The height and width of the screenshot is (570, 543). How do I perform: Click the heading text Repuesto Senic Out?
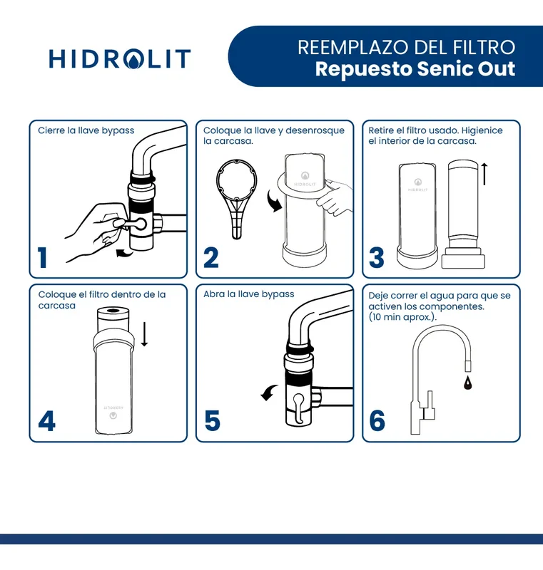point(415,70)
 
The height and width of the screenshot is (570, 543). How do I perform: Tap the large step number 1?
point(44,257)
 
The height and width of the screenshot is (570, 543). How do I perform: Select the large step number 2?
point(211,257)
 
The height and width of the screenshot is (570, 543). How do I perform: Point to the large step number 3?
point(377,257)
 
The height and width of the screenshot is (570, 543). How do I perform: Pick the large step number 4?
point(46,421)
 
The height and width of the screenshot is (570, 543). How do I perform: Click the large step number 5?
point(212,421)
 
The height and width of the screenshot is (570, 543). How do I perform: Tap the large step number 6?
point(377,421)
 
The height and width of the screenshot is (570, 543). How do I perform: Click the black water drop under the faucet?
point(467,384)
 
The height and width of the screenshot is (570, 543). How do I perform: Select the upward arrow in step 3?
point(484,173)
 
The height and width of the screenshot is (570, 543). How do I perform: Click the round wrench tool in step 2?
point(238,196)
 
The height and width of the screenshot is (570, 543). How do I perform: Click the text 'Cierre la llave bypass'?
point(86,131)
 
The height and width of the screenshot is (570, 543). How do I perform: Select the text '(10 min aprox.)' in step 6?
point(402,317)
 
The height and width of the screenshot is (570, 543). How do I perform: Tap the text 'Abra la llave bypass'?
point(248,294)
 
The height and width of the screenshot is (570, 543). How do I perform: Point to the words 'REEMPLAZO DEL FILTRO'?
point(406,48)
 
